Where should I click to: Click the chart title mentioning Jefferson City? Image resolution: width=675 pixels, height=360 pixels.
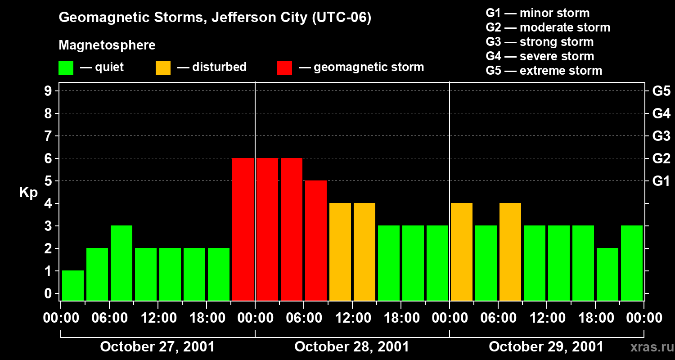[215, 18]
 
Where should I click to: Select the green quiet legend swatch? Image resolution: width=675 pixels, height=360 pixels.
[66, 68]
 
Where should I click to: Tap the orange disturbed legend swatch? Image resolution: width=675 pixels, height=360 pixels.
[163, 68]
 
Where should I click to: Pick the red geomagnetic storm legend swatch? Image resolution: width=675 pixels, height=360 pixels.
[284, 68]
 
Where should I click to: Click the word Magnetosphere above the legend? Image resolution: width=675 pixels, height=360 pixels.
[107, 45]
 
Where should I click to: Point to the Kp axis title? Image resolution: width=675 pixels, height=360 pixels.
[28, 193]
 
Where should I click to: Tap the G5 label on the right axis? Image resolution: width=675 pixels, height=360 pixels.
[661, 91]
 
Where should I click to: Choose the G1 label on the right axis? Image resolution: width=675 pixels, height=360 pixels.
[661, 181]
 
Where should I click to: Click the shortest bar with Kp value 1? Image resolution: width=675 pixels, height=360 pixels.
[73, 285]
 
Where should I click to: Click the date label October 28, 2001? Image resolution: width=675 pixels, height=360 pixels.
[352, 347]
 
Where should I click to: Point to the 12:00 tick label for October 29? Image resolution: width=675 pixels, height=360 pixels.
[546, 318]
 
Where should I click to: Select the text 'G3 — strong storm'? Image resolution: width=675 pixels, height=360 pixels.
[540, 42]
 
